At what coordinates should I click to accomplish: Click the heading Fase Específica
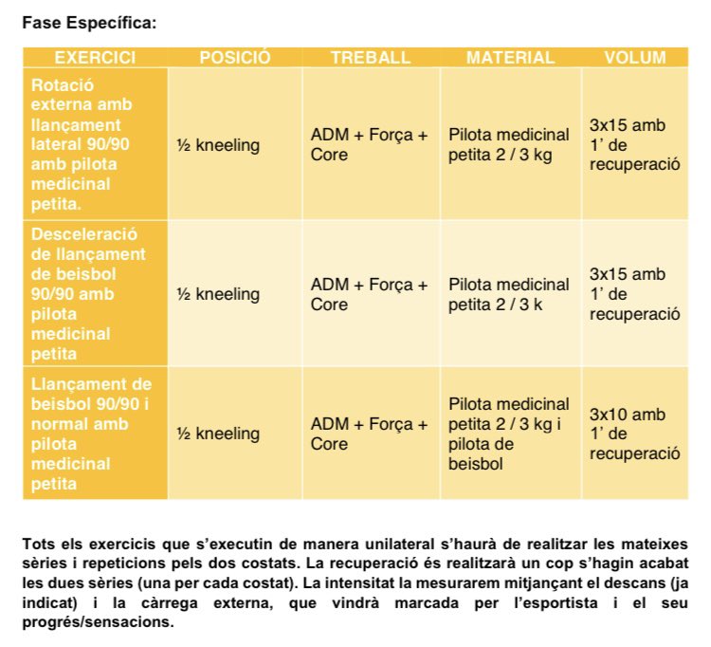point(89,23)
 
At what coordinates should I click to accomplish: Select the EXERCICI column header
point(95,58)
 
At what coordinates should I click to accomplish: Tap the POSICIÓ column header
point(235,58)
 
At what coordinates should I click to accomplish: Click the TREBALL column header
point(371,58)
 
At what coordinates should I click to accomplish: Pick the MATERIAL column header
point(511,58)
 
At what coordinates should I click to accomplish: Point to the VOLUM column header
point(635,58)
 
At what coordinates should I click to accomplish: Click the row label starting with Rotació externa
point(82,144)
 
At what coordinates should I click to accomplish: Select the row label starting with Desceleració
point(88,293)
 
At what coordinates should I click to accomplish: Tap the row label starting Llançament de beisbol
point(91,434)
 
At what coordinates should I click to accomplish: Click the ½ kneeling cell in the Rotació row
point(218,145)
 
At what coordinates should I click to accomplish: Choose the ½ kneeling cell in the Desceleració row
point(218,294)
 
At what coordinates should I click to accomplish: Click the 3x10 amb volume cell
point(634,434)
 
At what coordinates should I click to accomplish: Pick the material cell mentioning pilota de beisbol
point(508,434)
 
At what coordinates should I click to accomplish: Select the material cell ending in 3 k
point(508,294)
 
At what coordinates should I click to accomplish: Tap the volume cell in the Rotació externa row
point(634,144)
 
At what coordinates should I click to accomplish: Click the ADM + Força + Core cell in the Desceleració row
point(369,294)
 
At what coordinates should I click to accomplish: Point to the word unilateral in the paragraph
point(400,544)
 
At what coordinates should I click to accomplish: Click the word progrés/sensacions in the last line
point(98,621)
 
